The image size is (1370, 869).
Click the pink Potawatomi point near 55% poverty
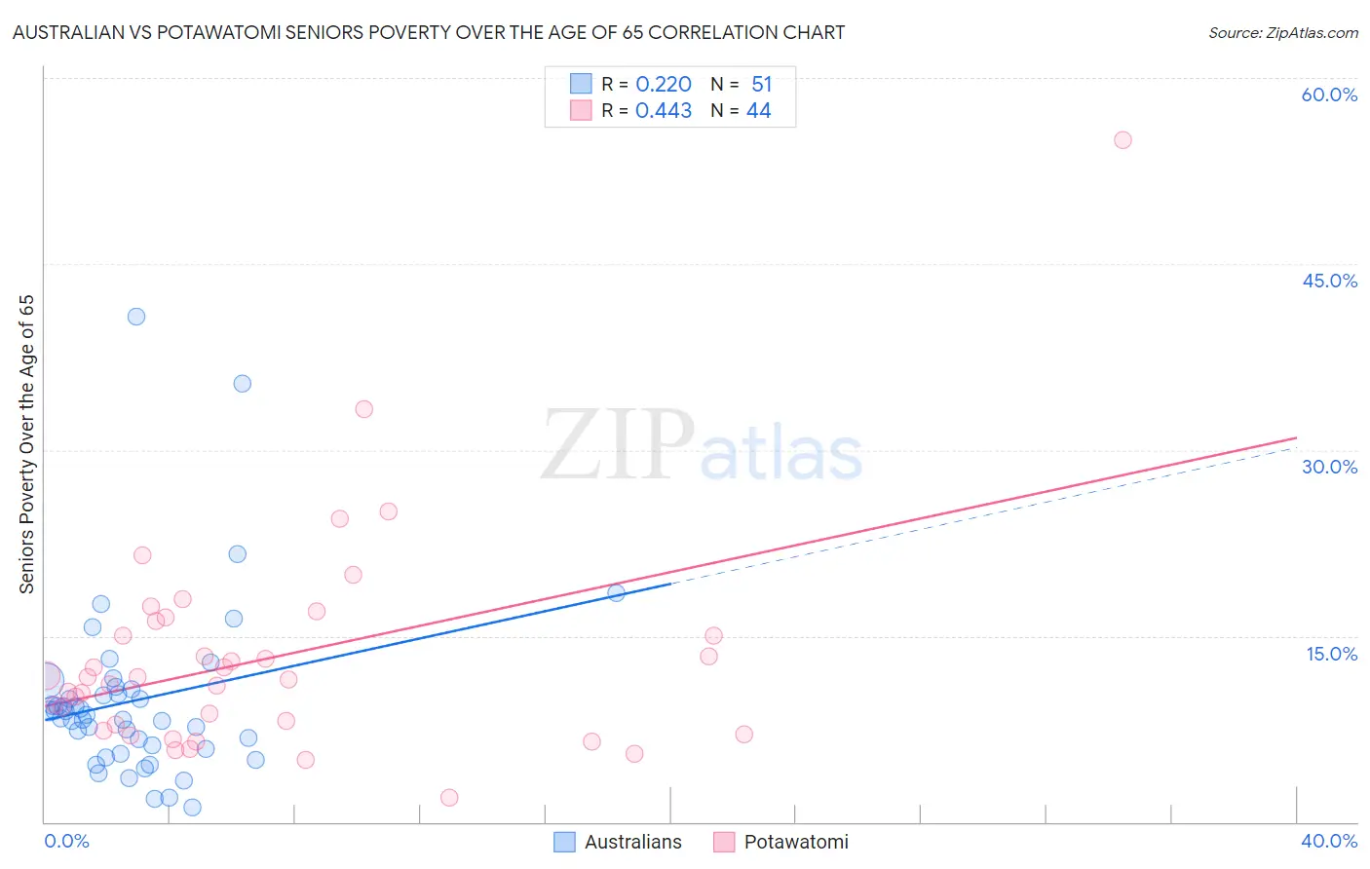click(x=1123, y=140)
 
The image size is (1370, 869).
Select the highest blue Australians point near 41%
click(x=136, y=317)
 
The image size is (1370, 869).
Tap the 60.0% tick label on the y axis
click(x=1329, y=94)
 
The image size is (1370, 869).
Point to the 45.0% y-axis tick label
click(x=1329, y=281)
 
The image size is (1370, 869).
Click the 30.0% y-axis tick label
click(x=1329, y=467)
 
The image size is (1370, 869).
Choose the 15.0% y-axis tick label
click(x=1331, y=654)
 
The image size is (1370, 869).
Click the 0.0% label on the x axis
click(x=66, y=841)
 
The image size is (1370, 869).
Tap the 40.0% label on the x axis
click(x=1329, y=841)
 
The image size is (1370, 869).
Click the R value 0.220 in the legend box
click(x=664, y=85)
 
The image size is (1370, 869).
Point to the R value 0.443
click(x=664, y=111)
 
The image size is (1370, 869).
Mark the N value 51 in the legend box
click(x=761, y=85)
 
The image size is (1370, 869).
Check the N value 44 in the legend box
click(x=758, y=111)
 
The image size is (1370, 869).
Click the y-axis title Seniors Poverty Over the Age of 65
click(x=26, y=443)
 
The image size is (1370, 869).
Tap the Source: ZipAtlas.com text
click(x=1282, y=33)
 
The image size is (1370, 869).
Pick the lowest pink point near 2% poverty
click(x=449, y=798)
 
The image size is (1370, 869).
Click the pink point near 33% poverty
click(x=364, y=409)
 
